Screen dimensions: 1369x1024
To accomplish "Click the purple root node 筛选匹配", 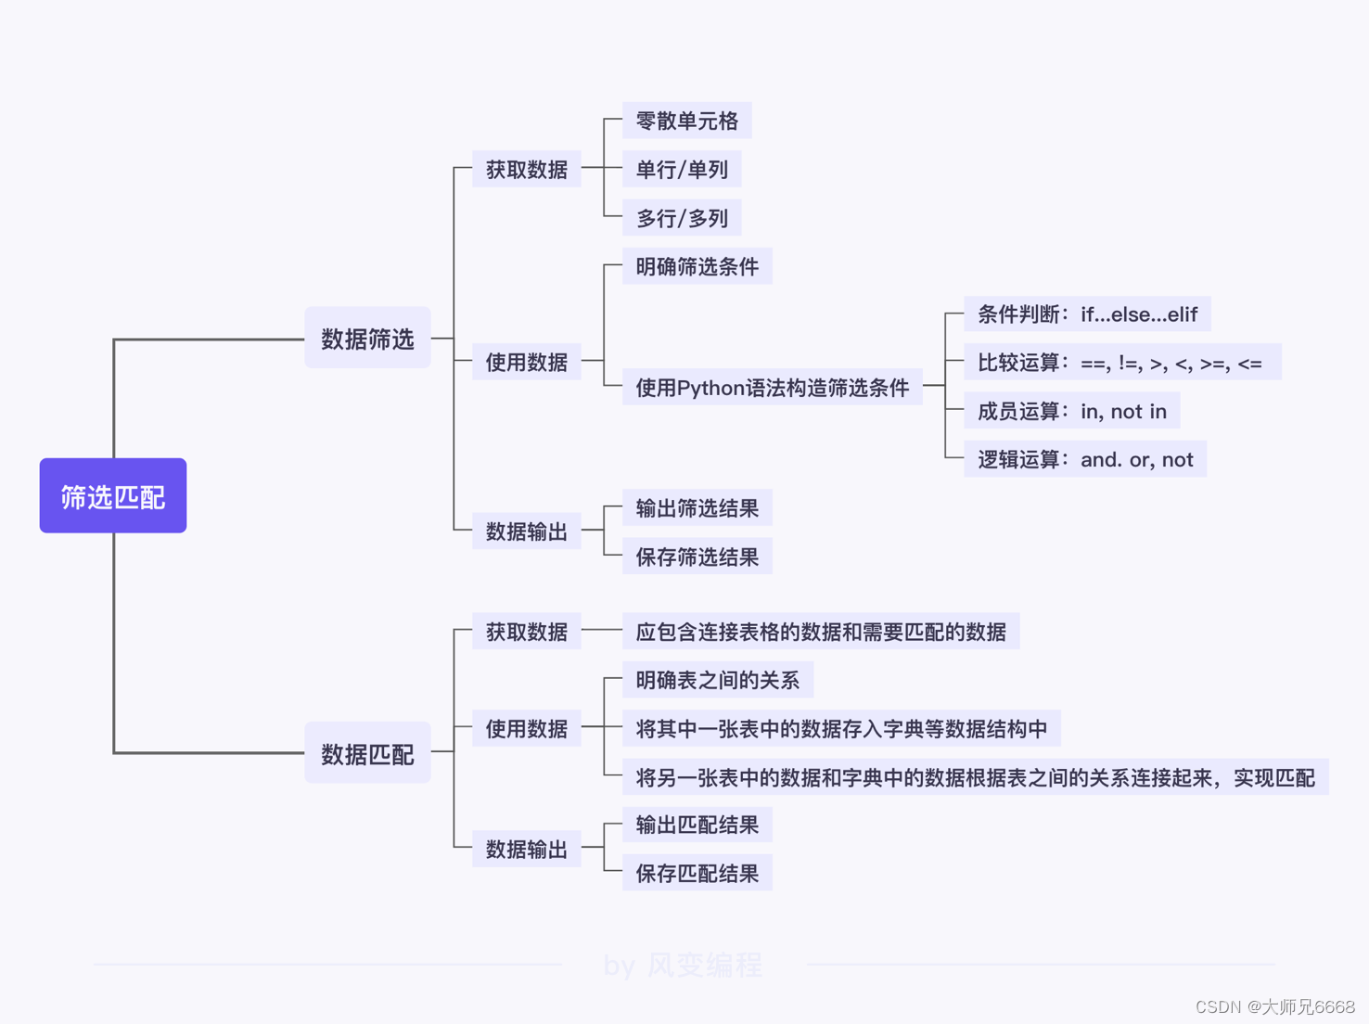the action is pyautogui.click(x=113, y=495).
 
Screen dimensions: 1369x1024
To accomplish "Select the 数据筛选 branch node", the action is pyautogui.click(x=367, y=338).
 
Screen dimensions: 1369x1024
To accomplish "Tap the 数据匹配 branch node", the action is pyautogui.click(x=367, y=752).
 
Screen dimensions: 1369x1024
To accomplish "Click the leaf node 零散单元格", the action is pyautogui.click(x=686, y=121).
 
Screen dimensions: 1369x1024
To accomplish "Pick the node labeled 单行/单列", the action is pyautogui.click(x=682, y=170).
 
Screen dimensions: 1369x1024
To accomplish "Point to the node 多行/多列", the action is pyautogui.click(x=682, y=218).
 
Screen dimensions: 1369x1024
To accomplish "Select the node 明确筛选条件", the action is pyautogui.click(x=697, y=266).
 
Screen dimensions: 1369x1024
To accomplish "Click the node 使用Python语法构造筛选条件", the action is pyautogui.click(x=772, y=387).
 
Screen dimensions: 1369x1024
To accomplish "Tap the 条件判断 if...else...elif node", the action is pyautogui.click(x=1087, y=314).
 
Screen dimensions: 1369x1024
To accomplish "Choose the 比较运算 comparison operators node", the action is pyautogui.click(x=1122, y=363).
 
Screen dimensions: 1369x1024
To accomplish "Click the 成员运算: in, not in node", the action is pyautogui.click(x=1071, y=411).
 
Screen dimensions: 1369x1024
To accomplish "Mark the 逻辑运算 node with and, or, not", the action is pyautogui.click(x=1084, y=459).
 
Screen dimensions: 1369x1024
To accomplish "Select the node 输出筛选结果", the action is pyautogui.click(x=697, y=508).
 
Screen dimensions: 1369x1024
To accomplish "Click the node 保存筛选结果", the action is pyautogui.click(x=697, y=557).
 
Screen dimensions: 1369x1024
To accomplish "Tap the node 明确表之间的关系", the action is pyautogui.click(x=717, y=680).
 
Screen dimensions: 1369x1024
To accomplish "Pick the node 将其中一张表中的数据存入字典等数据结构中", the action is pyautogui.click(x=841, y=728).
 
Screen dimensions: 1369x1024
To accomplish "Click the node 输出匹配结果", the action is pyautogui.click(x=697, y=825).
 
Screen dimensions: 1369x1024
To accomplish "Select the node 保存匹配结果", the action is pyautogui.click(x=697, y=873).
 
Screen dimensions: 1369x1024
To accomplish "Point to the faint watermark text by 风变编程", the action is pyautogui.click(x=683, y=965).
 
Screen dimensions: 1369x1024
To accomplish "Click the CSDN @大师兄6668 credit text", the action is pyautogui.click(x=1274, y=1006).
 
